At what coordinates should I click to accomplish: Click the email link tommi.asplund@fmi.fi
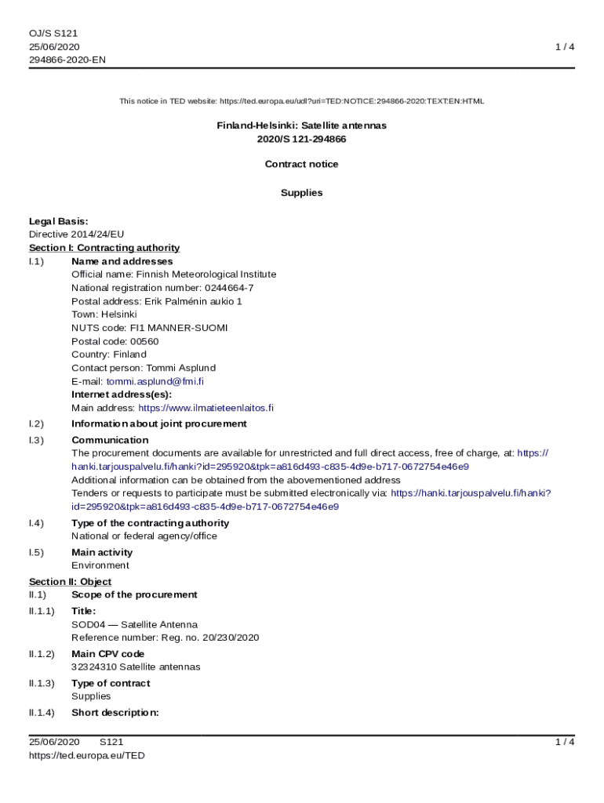point(155,381)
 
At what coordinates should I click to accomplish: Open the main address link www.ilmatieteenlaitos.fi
point(206,408)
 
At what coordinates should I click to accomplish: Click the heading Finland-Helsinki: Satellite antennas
point(301,125)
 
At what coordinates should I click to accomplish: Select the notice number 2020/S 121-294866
point(301,139)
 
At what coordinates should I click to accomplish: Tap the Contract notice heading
point(301,164)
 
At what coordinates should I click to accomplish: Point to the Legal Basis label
point(59,221)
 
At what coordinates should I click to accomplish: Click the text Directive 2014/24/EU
point(76,234)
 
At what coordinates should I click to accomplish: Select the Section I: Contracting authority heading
point(104,248)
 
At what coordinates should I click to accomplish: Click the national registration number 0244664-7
point(229,288)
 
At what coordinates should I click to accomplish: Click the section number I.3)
point(36,440)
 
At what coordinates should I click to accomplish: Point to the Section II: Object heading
point(70,582)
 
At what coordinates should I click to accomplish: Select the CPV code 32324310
point(94,667)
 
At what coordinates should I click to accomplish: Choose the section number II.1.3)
point(42,683)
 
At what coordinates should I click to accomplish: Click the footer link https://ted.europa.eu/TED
point(87,755)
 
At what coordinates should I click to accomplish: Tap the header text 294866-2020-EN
point(67,60)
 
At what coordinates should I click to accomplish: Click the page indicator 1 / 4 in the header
point(565,47)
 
